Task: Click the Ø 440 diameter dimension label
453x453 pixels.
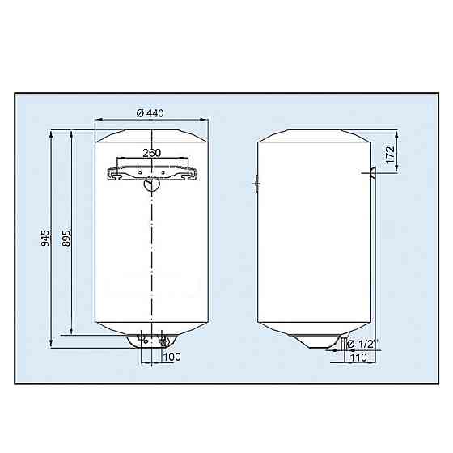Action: [150, 112]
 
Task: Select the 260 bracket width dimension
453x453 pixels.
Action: [151, 152]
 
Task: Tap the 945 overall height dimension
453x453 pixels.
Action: [46, 239]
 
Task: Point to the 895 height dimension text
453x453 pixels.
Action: [66, 239]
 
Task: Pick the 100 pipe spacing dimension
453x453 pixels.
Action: [172, 357]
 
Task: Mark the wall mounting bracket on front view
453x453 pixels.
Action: [151, 171]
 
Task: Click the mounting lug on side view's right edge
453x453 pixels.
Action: [373, 171]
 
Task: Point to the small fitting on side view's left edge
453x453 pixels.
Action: [256, 184]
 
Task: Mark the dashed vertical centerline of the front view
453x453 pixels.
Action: [151, 259]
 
